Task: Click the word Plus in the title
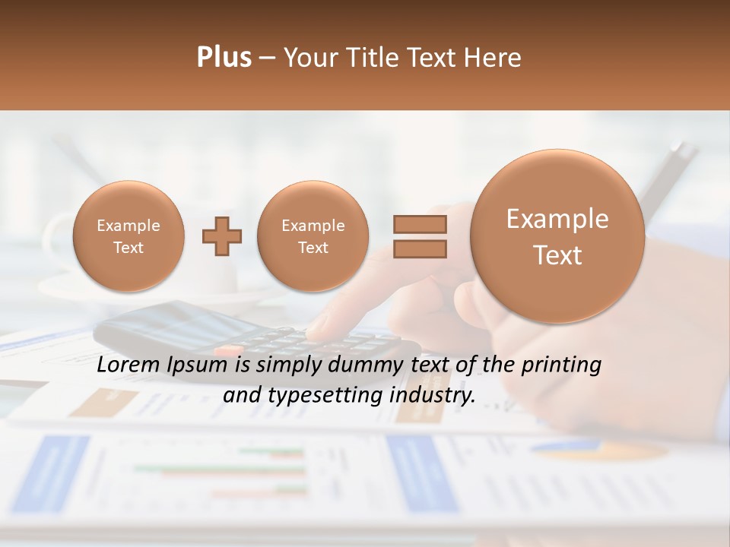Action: [224, 58]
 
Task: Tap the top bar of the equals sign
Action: [420, 225]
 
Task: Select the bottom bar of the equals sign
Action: [420, 248]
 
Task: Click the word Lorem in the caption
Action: [129, 365]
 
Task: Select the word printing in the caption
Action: [563, 365]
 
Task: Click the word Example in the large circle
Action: [557, 219]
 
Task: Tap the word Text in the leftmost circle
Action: [128, 248]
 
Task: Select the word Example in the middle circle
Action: [313, 226]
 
